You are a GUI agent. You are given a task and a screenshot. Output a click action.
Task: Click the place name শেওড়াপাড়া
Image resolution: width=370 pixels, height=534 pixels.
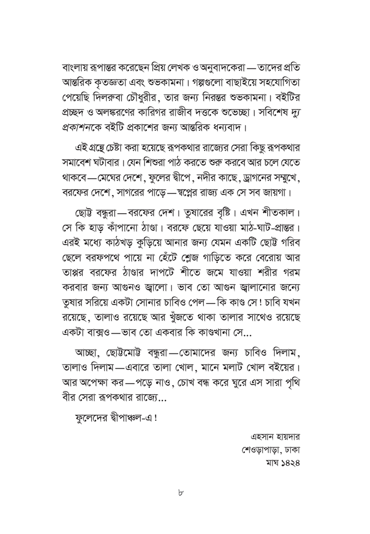261,448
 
